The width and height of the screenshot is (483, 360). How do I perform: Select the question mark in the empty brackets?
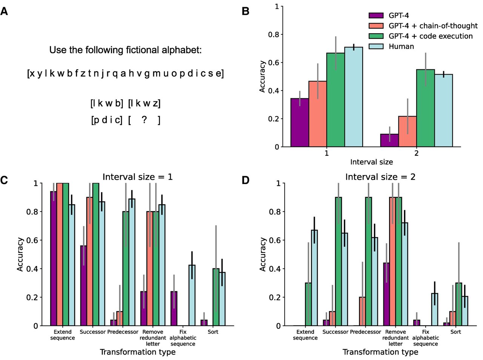tap(144, 120)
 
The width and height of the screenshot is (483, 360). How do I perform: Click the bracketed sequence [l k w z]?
tap(144, 103)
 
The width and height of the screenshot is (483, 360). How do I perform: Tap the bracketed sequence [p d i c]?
tap(107, 120)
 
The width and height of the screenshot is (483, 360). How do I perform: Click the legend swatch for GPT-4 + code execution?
tap(376, 36)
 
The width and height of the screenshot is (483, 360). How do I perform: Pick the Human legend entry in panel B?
tap(401, 46)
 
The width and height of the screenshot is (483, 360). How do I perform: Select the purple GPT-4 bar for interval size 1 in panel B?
tap(300, 123)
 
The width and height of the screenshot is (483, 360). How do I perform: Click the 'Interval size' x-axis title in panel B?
tap(371, 162)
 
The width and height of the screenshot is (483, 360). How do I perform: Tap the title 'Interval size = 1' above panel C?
tap(138, 177)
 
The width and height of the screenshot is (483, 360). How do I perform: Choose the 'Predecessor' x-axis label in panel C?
tap(123, 332)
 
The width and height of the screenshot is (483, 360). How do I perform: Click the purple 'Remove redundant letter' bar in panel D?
tap(386, 294)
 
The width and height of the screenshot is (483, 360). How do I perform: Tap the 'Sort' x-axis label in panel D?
tap(455, 332)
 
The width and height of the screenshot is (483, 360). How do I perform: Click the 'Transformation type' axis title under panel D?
tap(380, 352)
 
